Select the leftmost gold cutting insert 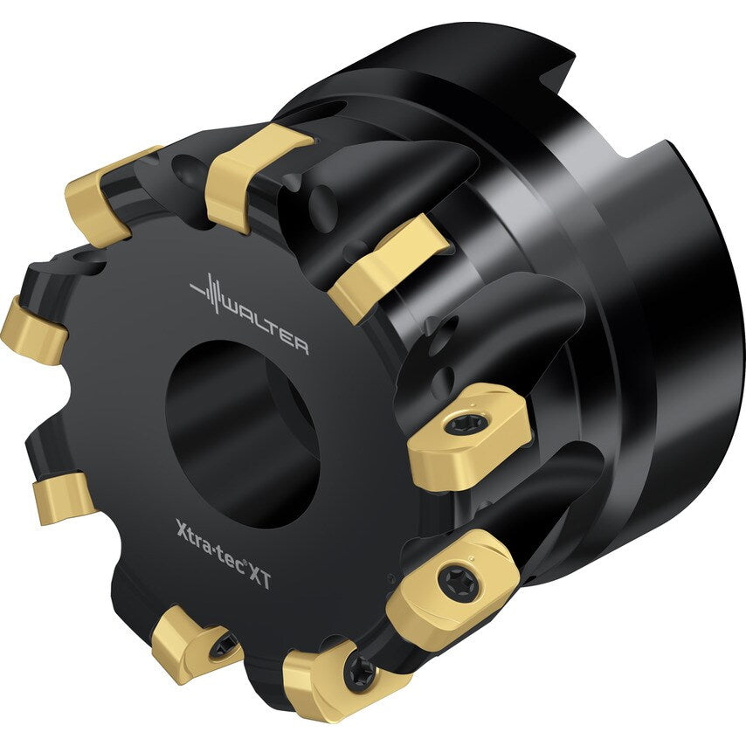tap(31, 329)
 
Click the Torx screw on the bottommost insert tap(361, 673)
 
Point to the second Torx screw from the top tap(458, 579)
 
